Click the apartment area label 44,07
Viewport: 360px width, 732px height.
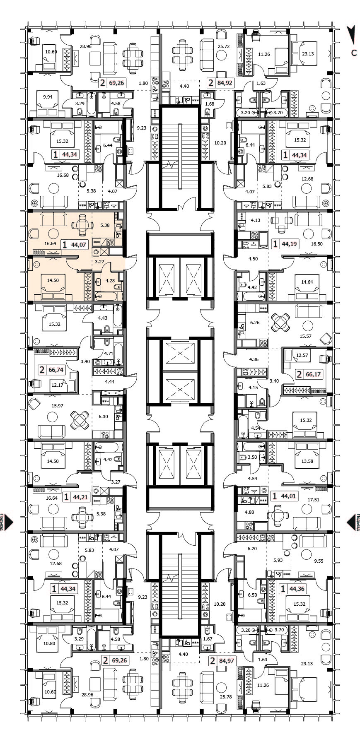pos(79,244)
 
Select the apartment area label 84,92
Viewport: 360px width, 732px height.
pos(225,83)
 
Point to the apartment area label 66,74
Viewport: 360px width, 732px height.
pos(57,370)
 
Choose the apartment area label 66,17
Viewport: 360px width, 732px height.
pos(313,374)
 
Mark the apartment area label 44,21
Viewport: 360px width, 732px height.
pos(80,497)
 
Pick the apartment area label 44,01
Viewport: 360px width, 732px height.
pos(289,495)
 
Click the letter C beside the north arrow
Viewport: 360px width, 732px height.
pos(354,53)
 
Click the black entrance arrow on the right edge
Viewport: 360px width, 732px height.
pos(351,522)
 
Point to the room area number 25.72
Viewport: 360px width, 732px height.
pos(223,47)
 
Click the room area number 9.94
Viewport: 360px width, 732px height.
pos(48,98)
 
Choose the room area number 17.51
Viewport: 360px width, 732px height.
pos(314,500)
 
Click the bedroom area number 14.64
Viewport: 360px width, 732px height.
pos(307,282)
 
